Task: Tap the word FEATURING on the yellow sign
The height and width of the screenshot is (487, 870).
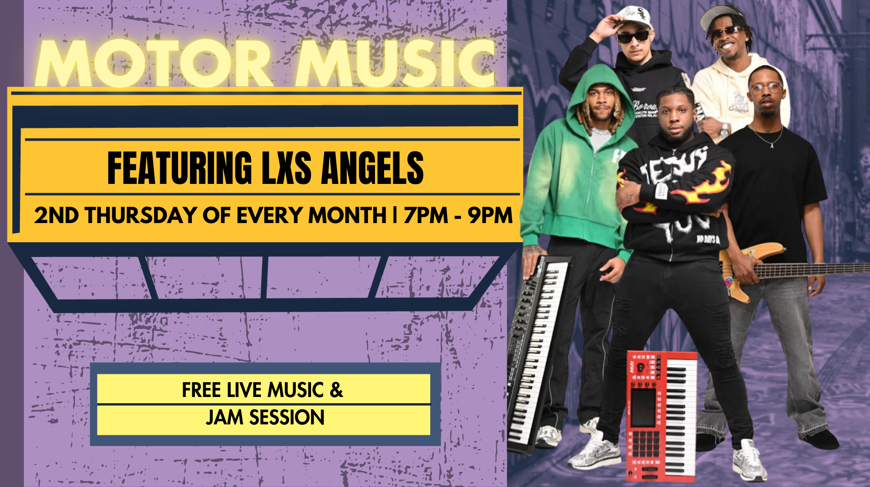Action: [x=180, y=168]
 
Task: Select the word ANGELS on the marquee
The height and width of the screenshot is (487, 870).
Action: [x=372, y=168]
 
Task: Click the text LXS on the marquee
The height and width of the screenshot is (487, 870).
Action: [x=287, y=168]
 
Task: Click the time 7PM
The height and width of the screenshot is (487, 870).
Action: [x=426, y=215]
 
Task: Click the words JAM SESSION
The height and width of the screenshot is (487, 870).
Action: [x=265, y=417]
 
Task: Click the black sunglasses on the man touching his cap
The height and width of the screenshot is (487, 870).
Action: [x=633, y=37]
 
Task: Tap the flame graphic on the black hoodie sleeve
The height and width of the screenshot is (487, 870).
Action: [x=706, y=185]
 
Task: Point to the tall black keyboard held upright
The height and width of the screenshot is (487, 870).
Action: [x=539, y=352]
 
